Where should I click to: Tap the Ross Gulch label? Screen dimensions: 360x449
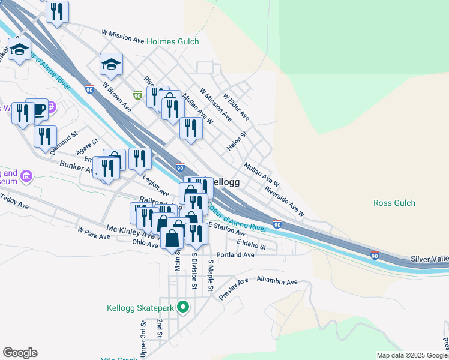click(x=394, y=203)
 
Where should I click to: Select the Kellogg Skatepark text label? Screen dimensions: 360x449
click(x=140, y=308)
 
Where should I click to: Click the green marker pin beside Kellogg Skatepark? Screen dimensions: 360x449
click(x=183, y=308)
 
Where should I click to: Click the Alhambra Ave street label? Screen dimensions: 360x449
click(x=277, y=281)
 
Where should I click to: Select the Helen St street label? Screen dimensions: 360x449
click(x=237, y=142)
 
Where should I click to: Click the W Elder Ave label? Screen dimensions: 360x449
click(x=235, y=106)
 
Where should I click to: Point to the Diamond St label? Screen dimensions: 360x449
click(x=65, y=144)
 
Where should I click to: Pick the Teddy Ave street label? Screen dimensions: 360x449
click(x=15, y=201)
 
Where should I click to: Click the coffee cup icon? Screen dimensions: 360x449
click(x=39, y=109)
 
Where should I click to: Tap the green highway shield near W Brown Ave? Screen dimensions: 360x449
click(x=137, y=95)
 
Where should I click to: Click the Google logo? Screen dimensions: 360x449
click(x=20, y=353)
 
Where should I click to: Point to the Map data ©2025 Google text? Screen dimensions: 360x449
click(x=412, y=355)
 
